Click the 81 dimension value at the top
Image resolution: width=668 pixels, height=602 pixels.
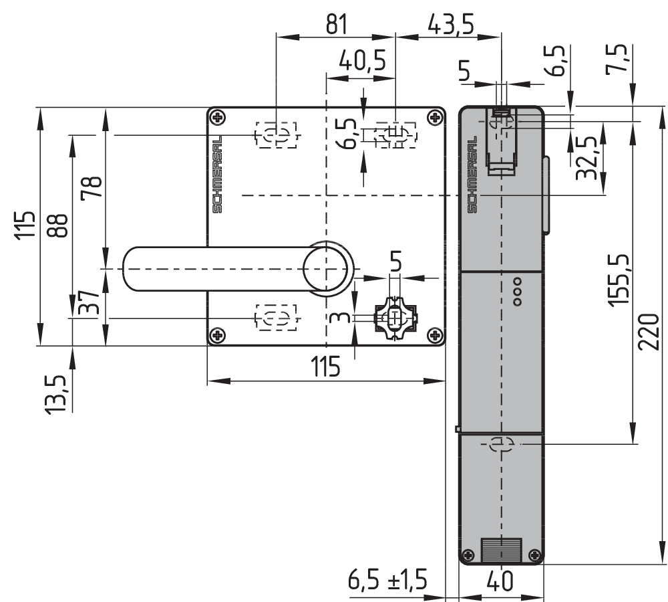point(336,24)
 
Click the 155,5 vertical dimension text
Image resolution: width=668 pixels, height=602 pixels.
point(621,280)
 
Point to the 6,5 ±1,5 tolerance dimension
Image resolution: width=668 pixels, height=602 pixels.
point(387,580)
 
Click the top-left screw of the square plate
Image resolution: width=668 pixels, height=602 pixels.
point(216,118)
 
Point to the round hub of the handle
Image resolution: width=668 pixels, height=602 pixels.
point(326,268)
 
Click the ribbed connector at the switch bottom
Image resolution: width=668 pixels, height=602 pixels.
point(501,550)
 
